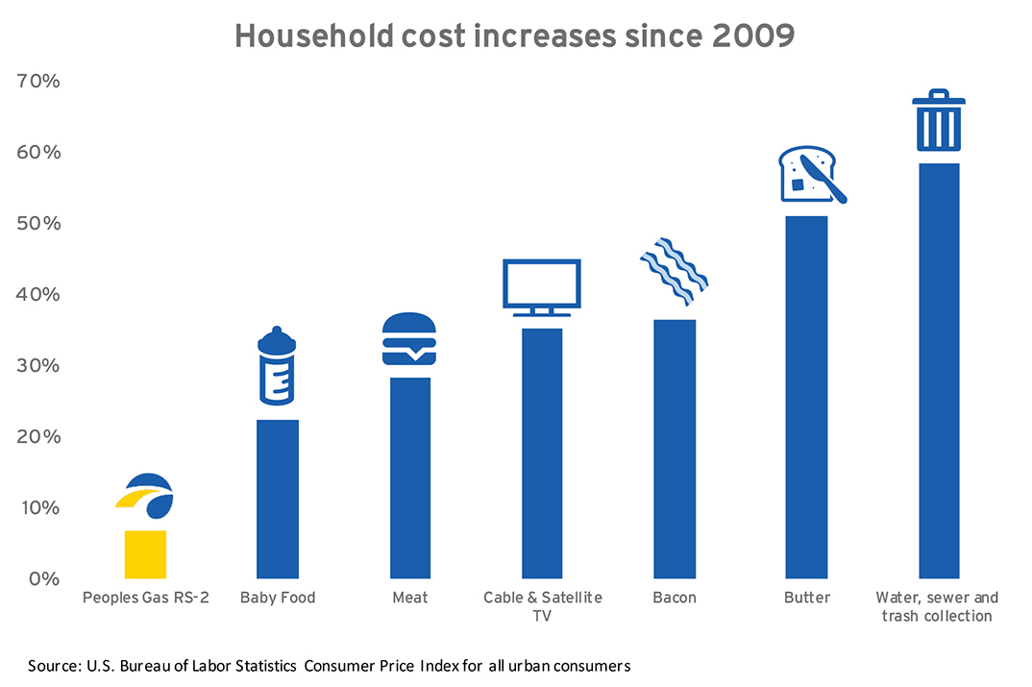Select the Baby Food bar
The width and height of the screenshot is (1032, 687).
pos(278,499)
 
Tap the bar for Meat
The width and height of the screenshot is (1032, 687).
pos(410,478)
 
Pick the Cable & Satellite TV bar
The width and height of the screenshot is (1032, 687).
pos(542,453)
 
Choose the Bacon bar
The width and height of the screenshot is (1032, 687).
pos(675,448)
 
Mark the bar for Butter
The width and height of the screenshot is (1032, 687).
pos(806,397)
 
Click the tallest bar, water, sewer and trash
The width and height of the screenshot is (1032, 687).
pos(939,371)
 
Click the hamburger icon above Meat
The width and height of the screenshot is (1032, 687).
pos(409,338)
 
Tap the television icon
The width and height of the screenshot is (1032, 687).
pos(542,285)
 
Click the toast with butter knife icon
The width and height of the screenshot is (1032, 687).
pos(811,175)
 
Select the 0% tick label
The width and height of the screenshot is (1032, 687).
pos(43,579)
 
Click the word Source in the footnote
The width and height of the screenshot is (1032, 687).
pos(52,665)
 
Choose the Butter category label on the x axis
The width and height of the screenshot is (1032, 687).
pos(806,598)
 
